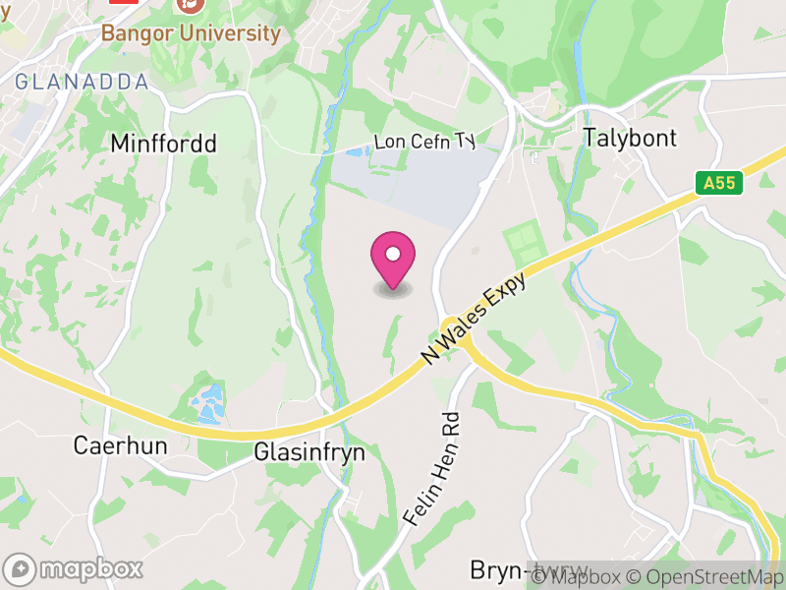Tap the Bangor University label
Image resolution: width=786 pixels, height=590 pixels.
click(x=191, y=32)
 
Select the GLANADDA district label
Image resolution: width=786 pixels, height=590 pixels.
click(x=82, y=82)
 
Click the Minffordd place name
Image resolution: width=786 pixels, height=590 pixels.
click(x=163, y=144)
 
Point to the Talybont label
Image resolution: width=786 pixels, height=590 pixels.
click(x=630, y=138)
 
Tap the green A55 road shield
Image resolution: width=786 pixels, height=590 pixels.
click(x=720, y=183)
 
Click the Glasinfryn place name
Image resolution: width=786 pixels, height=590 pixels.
click(x=309, y=452)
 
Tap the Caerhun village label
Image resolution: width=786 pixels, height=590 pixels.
click(x=121, y=445)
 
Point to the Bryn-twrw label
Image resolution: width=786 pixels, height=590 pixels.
click(x=529, y=570)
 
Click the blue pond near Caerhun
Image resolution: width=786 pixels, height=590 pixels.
click(x=210, y=401)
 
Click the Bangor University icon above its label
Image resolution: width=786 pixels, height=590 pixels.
click(x=191, y=5)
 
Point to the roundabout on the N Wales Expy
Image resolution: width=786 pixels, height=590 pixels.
click(x=453, y=327)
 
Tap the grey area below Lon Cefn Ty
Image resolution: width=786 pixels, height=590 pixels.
click(x=413, y=182)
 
